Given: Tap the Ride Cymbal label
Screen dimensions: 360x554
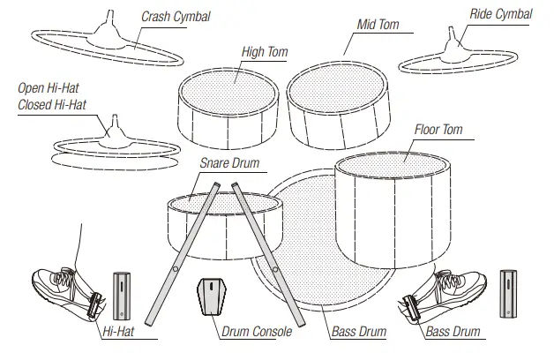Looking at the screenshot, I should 501,14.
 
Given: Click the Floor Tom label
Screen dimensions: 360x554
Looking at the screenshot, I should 438,130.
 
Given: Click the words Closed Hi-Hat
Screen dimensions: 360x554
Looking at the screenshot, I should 53,105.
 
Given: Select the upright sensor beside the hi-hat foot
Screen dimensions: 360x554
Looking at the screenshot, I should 122,296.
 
